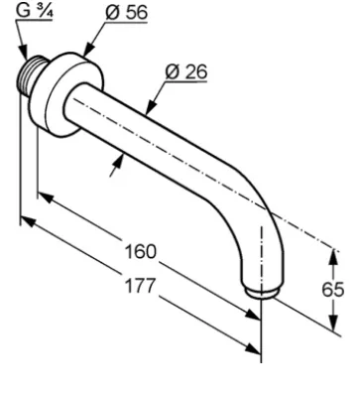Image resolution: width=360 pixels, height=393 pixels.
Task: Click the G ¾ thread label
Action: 35,12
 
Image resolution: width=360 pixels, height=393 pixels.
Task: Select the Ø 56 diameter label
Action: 126,13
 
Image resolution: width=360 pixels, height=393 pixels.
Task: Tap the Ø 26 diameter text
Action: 186,71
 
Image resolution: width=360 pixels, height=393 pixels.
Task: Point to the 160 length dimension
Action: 140,252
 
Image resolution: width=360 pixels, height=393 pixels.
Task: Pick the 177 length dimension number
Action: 140,286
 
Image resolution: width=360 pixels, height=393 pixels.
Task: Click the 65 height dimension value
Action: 333,290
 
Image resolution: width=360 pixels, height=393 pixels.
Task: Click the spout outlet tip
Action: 262,293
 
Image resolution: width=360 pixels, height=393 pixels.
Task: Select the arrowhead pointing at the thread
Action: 24,54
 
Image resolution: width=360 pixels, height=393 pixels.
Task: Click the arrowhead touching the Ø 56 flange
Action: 87,51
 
